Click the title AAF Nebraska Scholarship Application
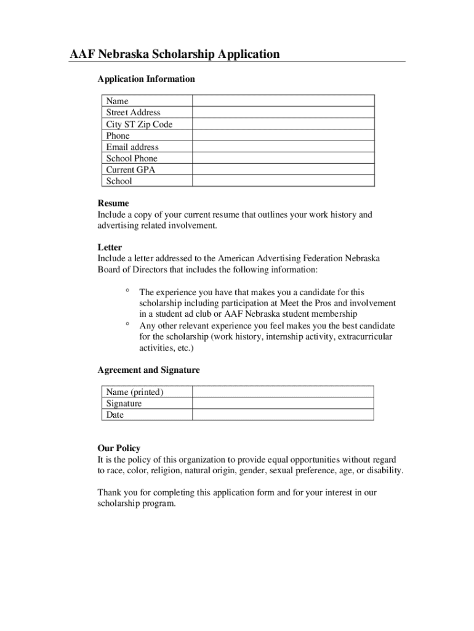[x=174, y=54]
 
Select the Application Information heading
[x=146, y=79]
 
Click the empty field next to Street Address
[x=283, y=112]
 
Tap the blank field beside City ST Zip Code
[x=283, y=124]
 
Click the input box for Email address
[x=283, y=147]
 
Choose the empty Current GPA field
[x=283, y=169]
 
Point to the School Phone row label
[x=131, y=158]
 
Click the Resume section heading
[x=113, y=203]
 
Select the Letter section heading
[x=110, y=248]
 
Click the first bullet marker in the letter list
[x=127, y=290]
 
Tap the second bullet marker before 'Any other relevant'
[x=127, y=324]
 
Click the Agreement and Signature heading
[x=148, y=370]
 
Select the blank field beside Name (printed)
[x=283, y=392]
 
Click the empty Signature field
[x=283, y=403]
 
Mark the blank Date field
[x=283, y=415]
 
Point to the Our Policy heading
[x=119, y=449]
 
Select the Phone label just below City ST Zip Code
[x=118, y=136]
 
